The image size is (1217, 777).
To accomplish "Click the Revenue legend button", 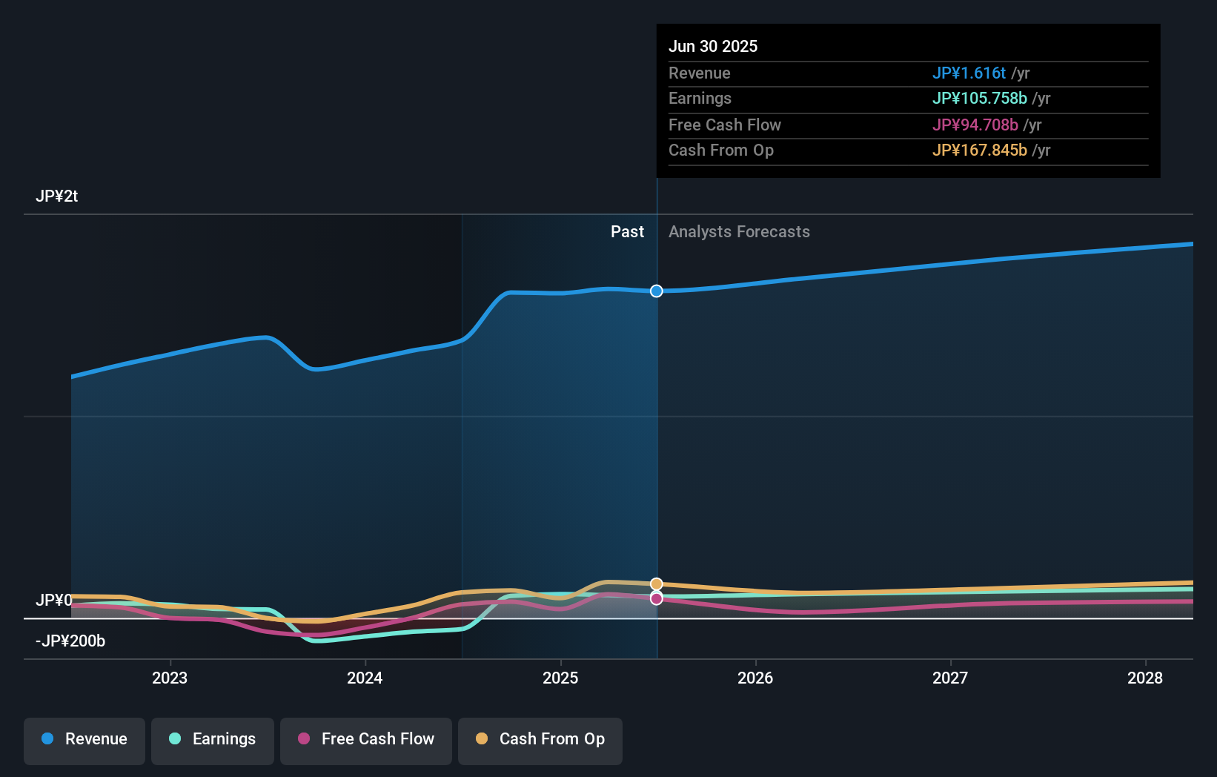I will tap(84, 739).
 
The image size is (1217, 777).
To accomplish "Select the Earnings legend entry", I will tap(213, 739).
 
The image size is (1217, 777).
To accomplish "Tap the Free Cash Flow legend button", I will tap(366, 739).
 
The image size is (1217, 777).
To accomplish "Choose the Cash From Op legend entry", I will tap(540, 739).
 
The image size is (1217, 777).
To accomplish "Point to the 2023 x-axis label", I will tap(170, 678).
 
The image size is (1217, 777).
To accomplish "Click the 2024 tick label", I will tap(365, 678).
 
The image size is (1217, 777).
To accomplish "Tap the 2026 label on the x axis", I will tap(755, 678).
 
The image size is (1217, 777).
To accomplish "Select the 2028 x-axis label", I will tap(1145, 678).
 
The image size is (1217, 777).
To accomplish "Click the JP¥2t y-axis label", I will tap(57, 196).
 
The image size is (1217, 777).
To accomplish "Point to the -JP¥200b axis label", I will tap(70, 641).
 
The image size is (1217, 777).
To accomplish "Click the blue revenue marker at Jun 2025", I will tap(657, 291).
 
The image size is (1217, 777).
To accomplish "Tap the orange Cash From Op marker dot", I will tap(657, 584).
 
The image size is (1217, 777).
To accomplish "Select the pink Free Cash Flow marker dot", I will tap(657, 598).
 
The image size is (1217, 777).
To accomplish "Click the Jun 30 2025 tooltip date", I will tap(713, 46).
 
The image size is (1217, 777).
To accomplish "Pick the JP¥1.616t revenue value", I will tap(969, 73).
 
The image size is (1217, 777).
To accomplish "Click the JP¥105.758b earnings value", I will tap(979, 98).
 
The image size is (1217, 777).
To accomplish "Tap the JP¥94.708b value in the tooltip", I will tap(975, 125).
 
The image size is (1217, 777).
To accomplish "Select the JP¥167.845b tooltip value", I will tap(979, 150).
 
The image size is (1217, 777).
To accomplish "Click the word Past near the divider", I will tap(627, 231).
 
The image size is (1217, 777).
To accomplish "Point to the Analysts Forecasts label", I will tap(739, 231).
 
